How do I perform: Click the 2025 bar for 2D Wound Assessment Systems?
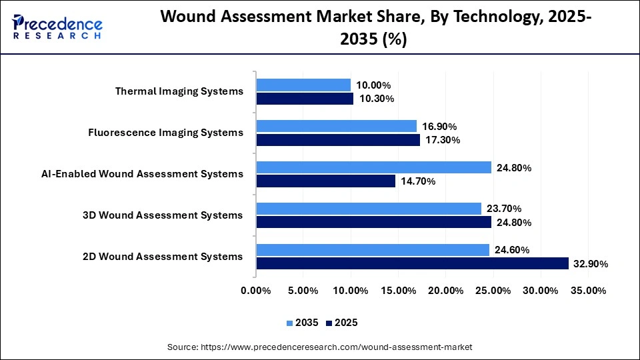pos(412,263)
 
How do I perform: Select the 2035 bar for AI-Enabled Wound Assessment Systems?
pos(373,167)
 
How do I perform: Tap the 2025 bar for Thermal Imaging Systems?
pos(305,99)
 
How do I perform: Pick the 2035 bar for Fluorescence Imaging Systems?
pos(336,126)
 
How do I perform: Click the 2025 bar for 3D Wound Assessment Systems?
pos(373,222)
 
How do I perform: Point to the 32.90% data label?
pos(590,264)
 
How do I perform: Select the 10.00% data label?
pos(373,85)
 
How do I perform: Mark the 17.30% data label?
pos(442,140)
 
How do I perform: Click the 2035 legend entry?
pos(303,323)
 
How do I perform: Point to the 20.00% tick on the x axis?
pos(445,291)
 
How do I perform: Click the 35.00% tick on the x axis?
pos(588,291)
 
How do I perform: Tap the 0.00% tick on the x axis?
pos(256,291)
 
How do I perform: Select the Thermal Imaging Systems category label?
pos(179,91)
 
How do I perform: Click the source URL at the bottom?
pos(319,347)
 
